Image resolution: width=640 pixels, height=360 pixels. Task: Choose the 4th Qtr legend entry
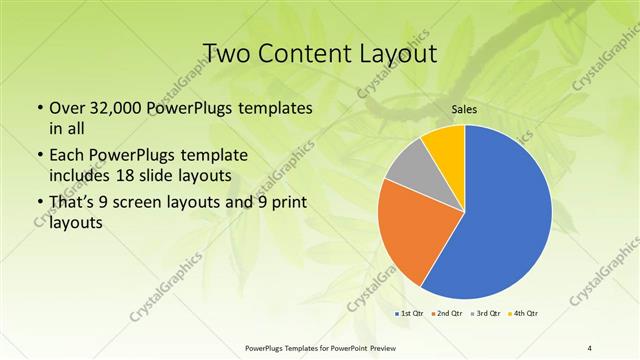coord(523,313)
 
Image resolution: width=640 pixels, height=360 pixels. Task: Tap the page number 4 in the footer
coord(590,347)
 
